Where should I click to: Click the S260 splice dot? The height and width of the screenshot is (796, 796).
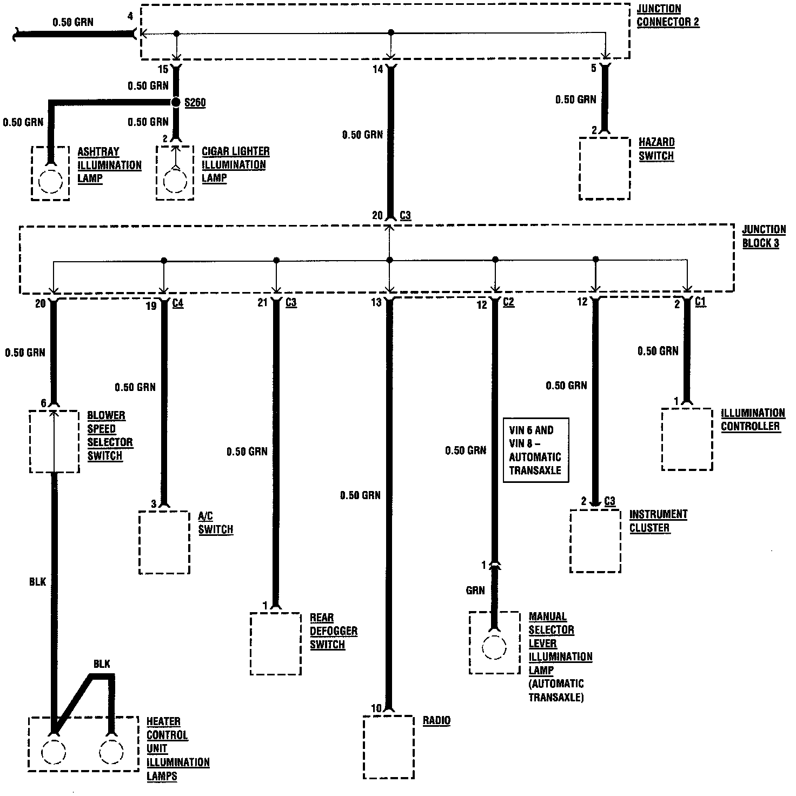pos(175,102)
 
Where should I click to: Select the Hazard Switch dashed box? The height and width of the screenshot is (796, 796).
pos(605,168)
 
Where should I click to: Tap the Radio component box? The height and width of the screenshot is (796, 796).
pos(388,747)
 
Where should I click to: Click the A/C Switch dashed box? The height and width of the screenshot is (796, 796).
pos(164,542)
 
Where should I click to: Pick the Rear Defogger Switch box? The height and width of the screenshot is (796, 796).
pos(275,644)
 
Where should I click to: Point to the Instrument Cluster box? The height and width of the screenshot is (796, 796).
pos(595,541)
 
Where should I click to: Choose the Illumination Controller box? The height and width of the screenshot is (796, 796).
pos(687,439)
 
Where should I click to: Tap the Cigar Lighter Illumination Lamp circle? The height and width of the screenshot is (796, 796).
pos(175,181)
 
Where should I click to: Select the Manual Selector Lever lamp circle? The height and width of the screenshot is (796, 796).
pos(494,647)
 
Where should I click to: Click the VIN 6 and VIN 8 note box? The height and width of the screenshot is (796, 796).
pos(536,450)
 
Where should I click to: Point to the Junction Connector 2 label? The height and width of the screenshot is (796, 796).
pos(667,16)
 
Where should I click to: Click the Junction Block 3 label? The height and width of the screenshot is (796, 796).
pos(764,236)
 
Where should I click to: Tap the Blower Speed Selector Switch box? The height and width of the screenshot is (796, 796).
pos(54,441)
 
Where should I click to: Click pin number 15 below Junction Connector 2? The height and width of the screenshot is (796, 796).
pos(163,69)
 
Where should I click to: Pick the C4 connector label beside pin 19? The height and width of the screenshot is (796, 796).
pos(177,304)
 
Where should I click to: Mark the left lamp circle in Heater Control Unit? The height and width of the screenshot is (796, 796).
pos(53,752)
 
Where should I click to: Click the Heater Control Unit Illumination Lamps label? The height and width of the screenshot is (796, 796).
pos(177,748)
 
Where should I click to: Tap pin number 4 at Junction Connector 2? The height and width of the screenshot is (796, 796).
pos(130,16)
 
